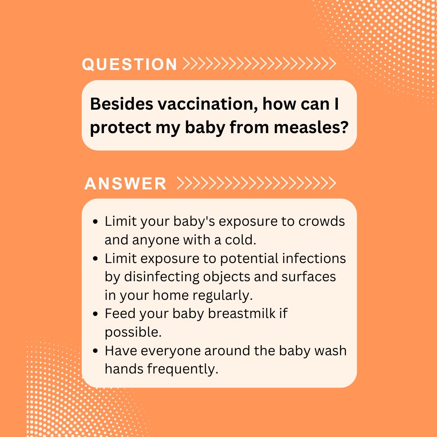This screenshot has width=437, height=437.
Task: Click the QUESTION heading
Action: tap(129, 64)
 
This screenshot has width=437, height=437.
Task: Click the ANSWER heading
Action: tap(125, 183)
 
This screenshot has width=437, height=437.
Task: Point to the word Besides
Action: tap(122, 104)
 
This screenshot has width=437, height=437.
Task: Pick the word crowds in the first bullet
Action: tap(322, 222)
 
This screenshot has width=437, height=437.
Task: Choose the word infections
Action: tap(314, 258)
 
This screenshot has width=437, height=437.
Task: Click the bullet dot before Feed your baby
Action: tap(95, 314)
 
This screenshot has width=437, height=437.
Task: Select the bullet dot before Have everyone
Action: tap(95, 351)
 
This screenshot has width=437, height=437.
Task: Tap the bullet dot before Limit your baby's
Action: tap(95, 222)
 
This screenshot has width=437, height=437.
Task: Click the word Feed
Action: tap(121, 314)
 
